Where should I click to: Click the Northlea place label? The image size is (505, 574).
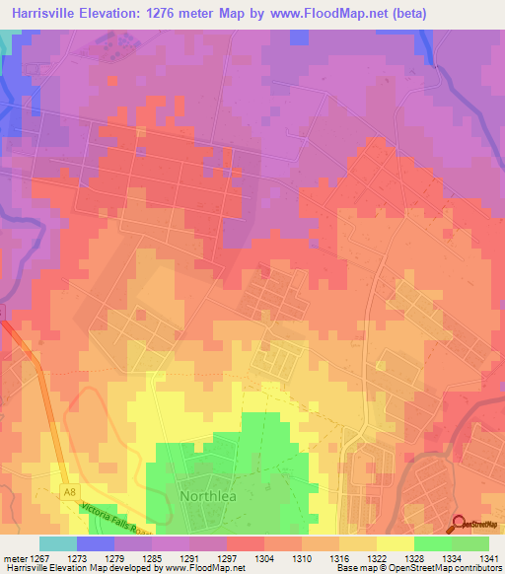point(206,495)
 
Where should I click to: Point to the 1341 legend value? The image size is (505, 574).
point(488,559)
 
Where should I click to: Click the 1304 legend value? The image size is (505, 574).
point(264,559)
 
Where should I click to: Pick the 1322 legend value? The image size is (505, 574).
point(377,559)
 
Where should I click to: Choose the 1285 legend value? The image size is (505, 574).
point(153,559)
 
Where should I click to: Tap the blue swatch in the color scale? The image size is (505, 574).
point(96,543)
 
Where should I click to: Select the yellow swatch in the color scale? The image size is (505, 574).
point(396,543)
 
